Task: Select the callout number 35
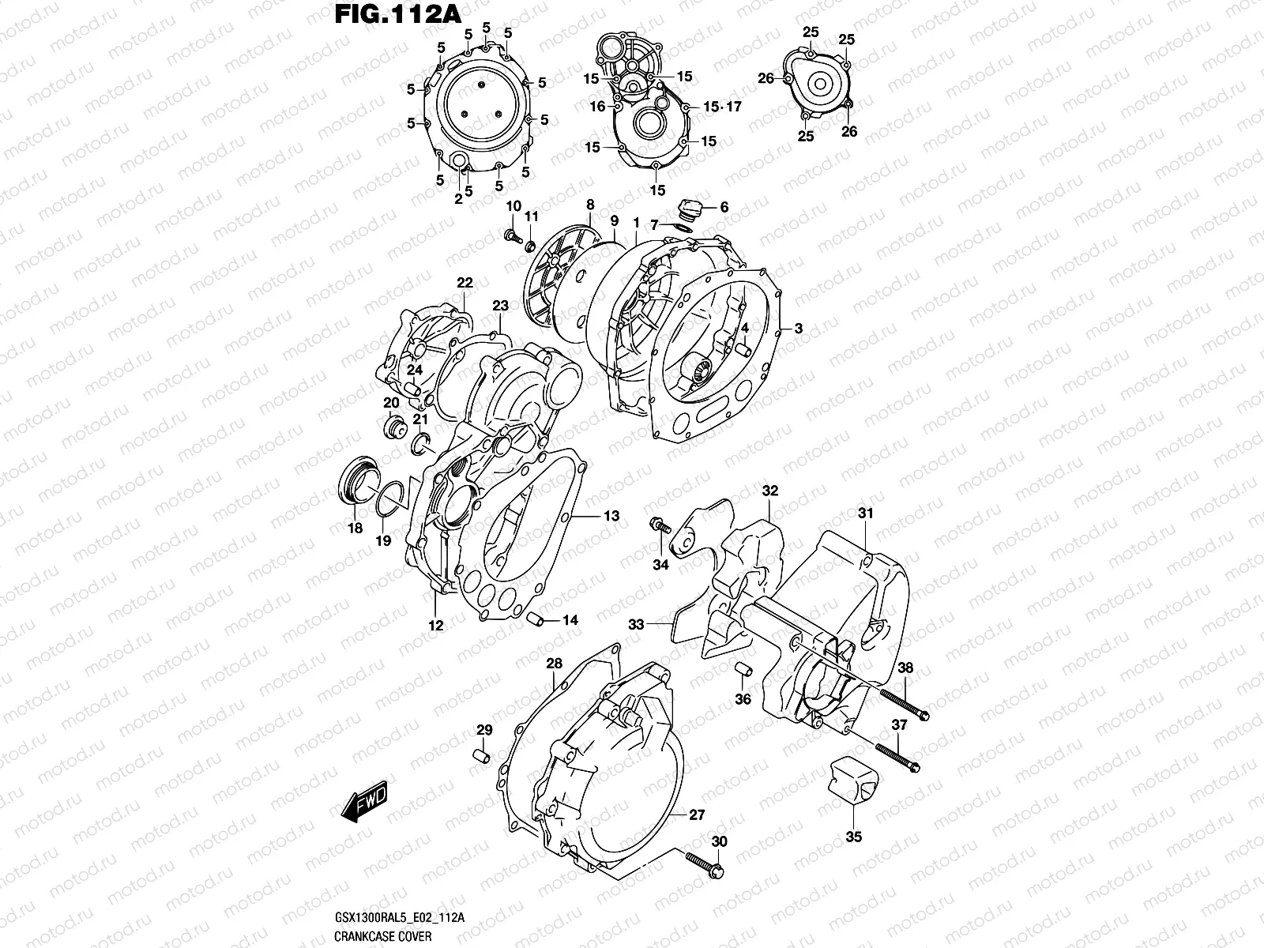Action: point(853,837)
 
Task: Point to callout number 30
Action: point(717,843)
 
